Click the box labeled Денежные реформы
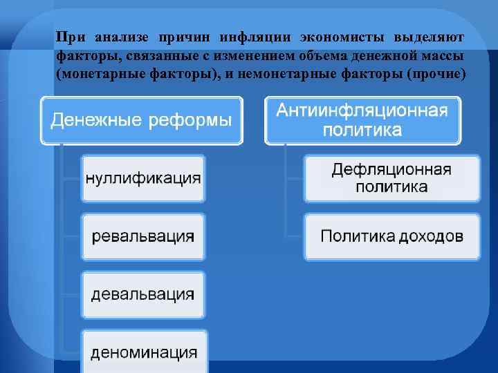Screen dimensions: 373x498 coord(142,121)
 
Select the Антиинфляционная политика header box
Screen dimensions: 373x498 coord(362,121)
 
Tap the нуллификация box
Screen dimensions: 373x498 coord(143,178)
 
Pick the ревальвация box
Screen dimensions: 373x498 coord(143,236)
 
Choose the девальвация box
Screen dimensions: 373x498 coord(143,294)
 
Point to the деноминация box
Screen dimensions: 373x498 coord(143,352)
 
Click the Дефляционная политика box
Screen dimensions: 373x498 coord(391,178)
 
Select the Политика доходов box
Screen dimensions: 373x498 coord(391,236)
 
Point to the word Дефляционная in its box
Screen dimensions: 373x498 coord(391,170)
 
